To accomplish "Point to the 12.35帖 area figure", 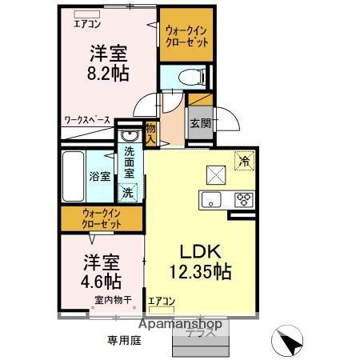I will (200, 272).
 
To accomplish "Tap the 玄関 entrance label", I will (200, 123).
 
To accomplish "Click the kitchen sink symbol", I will (212, 199).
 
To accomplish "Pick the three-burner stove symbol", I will (242, 199).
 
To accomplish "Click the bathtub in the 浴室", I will (77, 175).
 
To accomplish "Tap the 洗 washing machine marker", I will (128, 192).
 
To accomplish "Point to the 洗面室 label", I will (128, 163).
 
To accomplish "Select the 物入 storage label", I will (151, 131).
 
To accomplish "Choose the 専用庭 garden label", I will (124, 340).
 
